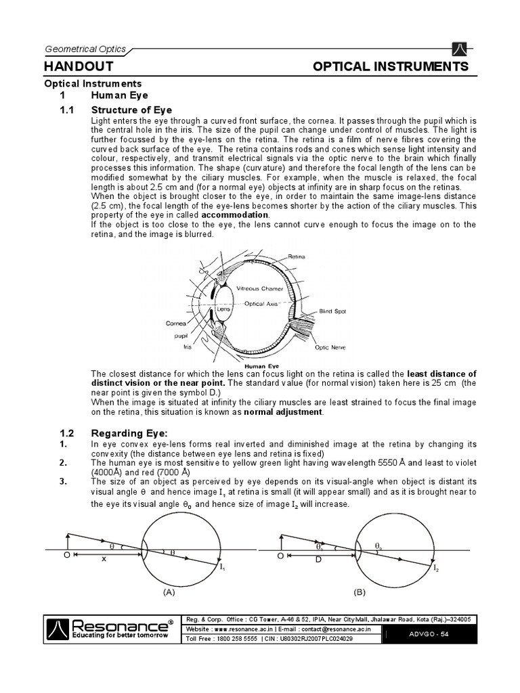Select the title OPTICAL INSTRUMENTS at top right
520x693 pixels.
[390, 66]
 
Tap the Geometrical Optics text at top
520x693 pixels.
[84, 49]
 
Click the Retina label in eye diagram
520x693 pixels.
[297, 257]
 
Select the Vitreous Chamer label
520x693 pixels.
[260, 288]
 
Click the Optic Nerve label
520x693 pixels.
[330, 347]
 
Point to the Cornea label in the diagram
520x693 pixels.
[175, 323]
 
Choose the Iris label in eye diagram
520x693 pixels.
[188, 346]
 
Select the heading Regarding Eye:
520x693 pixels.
[129, 433]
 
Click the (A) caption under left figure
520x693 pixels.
[169, 591]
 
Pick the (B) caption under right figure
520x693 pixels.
[360, 591]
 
